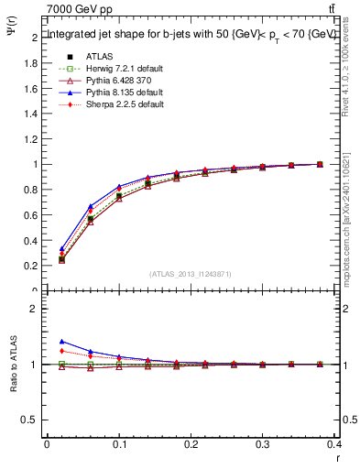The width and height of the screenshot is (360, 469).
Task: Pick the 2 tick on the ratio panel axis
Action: pos(33,309)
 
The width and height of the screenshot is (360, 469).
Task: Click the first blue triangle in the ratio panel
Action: pos(60,341)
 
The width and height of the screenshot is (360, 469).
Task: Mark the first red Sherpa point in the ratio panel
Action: pos(60,351)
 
